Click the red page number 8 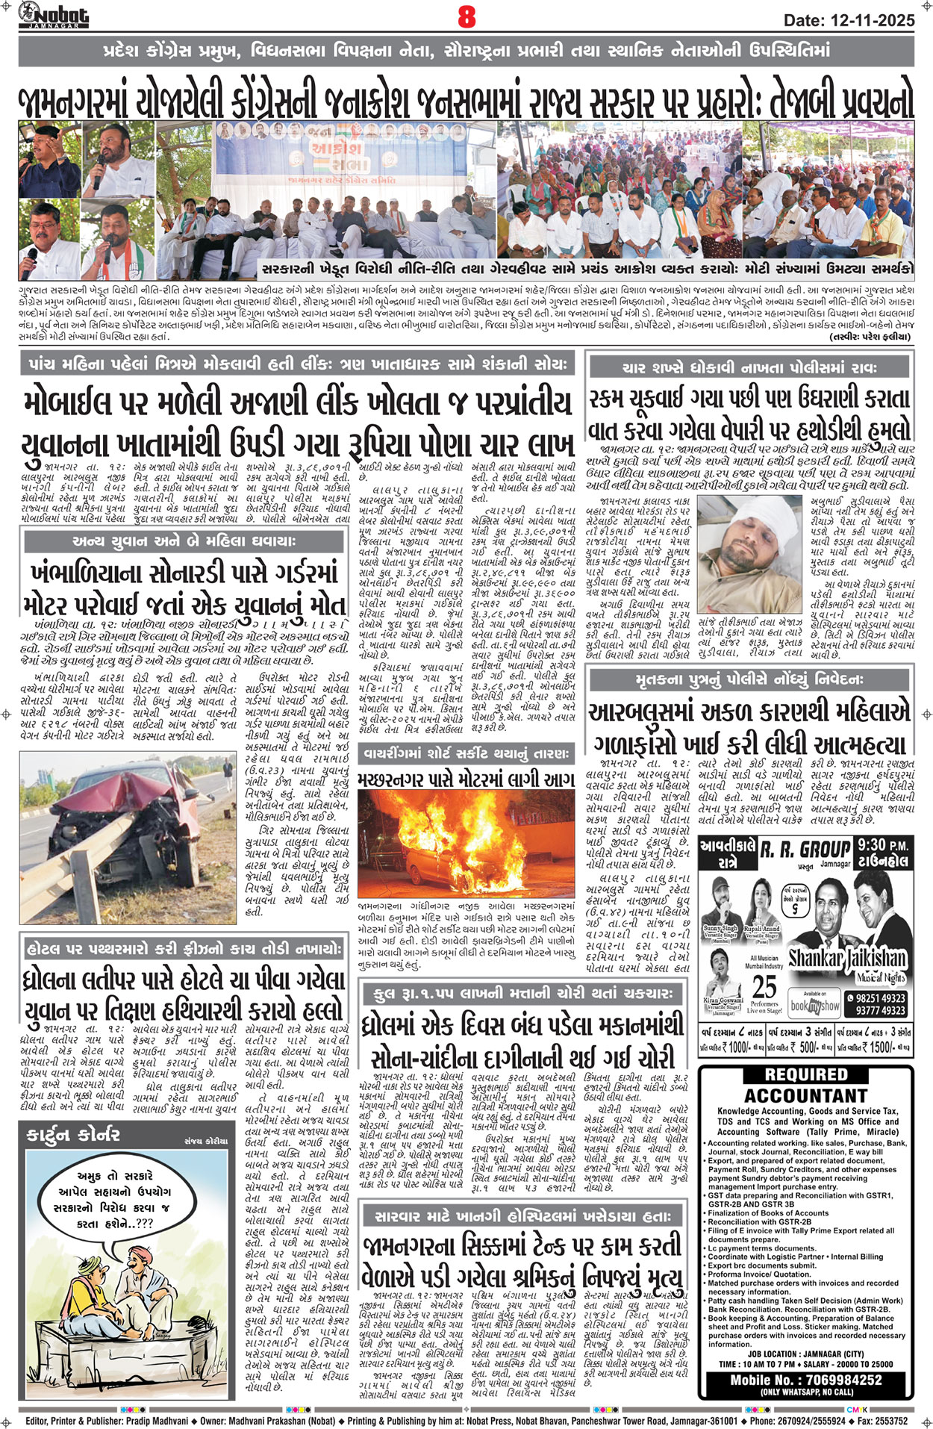click(466, 16)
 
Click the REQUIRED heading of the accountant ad click(806, 1075)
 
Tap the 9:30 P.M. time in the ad click(883, 846)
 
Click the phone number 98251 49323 click(880, 998)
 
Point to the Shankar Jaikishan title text click(847, 959)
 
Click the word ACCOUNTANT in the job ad click(806, 1095)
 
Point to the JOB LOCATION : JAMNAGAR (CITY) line click(806, 1354)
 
